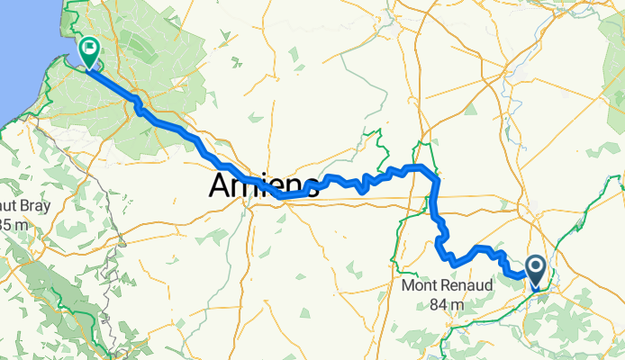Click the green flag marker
click(x=89, y=50)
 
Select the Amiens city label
click(x=264, y=186)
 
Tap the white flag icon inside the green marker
click(x=89, y=48)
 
